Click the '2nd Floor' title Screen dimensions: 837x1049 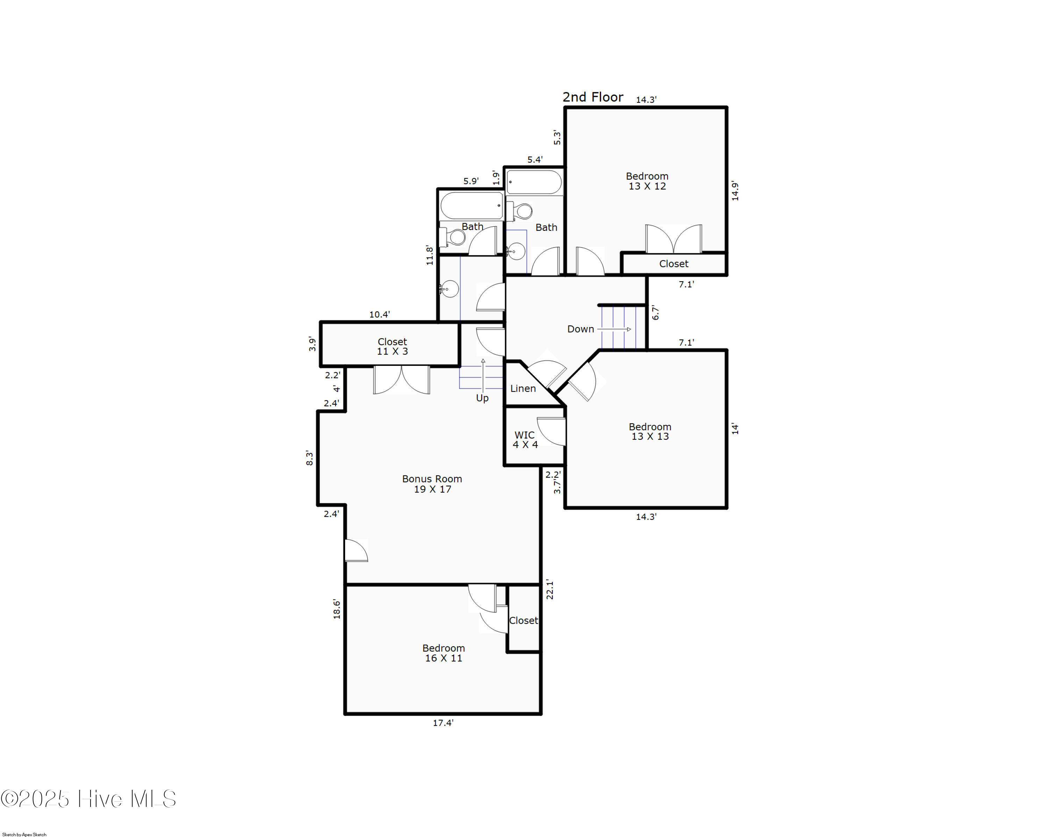click(x=593, y=97)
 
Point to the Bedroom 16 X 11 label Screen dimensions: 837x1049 click(x=443, y=653)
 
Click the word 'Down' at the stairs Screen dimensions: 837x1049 click(x=580, y=329)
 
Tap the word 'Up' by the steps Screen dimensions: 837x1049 click(x=482, y=398)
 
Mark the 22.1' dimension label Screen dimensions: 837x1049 click(x=550, y=589)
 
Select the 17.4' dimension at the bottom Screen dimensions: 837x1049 click(x=443, y=723)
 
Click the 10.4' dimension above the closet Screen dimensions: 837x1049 click(x=379, y=315)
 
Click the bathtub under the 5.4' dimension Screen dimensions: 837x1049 click(x=534, y=183)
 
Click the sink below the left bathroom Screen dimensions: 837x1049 click(x=449, y=289)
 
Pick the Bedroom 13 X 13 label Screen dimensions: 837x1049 click(x=650, y=432)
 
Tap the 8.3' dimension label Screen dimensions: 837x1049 click(x=309, y=458)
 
